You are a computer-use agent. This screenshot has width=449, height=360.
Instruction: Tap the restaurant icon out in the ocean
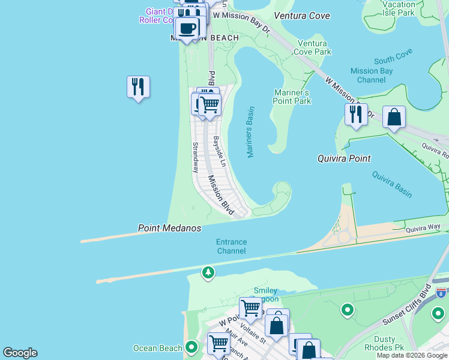138,87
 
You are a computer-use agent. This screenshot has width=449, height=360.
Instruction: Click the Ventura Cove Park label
313,47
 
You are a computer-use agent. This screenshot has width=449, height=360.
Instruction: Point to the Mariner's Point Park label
292,97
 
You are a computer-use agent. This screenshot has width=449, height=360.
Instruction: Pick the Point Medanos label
169,228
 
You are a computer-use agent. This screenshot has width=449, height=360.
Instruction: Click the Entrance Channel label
231,246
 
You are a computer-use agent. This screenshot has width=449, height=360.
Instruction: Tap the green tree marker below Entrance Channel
208,272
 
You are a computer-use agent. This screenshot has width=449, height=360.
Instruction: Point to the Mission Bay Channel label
372,75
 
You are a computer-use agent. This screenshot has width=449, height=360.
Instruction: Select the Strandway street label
195,158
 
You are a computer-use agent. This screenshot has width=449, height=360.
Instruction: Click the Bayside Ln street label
219,152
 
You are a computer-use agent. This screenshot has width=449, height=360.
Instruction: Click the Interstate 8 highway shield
441,293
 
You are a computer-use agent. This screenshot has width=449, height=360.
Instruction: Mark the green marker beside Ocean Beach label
191,347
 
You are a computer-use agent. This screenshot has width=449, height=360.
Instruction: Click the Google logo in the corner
20,353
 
